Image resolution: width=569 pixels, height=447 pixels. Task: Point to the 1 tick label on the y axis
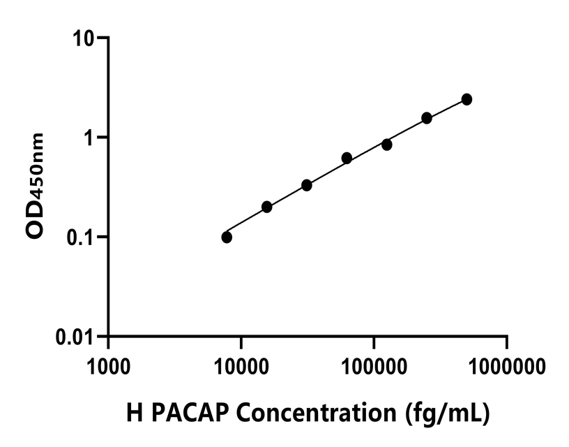click(92, 137)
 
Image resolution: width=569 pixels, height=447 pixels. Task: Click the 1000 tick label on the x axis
click(108, 365)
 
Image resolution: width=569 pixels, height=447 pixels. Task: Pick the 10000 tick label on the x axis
click(241, 365)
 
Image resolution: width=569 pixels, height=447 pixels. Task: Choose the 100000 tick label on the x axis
click(374, 365)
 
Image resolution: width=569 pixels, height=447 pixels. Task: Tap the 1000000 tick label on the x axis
click(507, 365)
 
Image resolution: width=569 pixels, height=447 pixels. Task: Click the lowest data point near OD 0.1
click(227, 237)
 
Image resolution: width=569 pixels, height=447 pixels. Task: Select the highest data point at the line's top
click(466, 100)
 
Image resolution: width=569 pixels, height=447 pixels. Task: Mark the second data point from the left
click(266, 207)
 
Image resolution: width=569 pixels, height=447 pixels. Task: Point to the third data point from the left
click(307, 185)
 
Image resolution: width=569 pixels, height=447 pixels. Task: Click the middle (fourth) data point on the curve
click(347, 158)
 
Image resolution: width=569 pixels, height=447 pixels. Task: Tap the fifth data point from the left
click(386, 145)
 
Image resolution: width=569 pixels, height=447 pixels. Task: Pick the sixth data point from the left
click(427, 118)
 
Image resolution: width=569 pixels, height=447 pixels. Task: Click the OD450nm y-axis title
click(36, 186)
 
